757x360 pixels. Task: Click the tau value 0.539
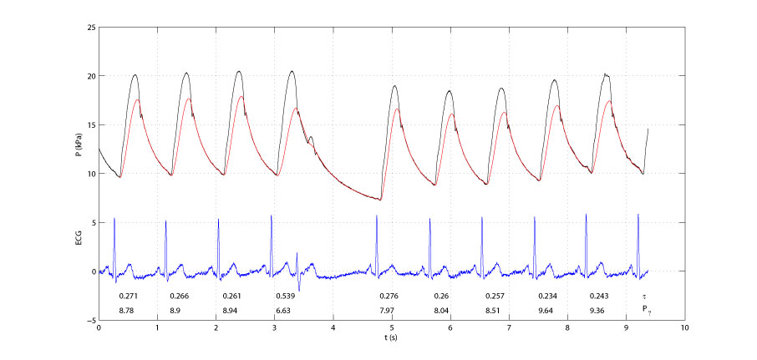tap(286, 297)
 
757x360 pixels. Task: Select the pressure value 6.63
tap(286, 310)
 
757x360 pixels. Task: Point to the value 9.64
tap(547, 310)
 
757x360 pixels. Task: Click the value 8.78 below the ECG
tap(128, 310)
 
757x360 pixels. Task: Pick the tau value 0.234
tap(547, 297)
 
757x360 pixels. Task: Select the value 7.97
tap(389, 310)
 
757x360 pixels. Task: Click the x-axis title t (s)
tap(391, 338)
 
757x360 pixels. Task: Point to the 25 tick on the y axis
tap(89, 27)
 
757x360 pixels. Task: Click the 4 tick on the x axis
tap(333, 328)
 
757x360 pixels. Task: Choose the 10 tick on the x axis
tap(684, 328)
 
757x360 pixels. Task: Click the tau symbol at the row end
tap(644, 297)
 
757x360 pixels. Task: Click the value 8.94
tap(232, 310)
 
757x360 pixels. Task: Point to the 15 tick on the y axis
tap(89, 124)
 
